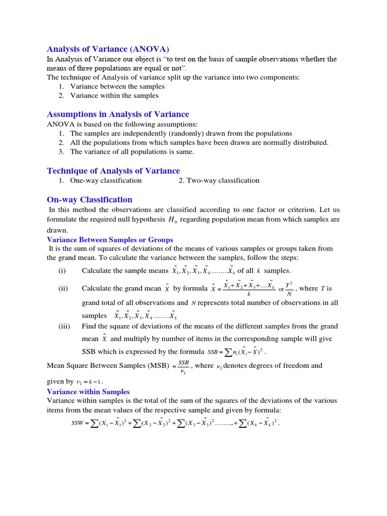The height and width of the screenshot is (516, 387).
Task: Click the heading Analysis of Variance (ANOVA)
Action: pos(108,49)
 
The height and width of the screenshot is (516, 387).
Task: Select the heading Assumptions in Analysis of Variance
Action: pos(118,114)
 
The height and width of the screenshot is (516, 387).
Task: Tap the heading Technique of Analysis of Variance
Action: pos(113,171)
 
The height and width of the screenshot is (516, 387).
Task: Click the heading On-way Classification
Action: pos(90,200)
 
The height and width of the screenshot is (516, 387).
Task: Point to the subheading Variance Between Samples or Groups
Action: pos(110,240)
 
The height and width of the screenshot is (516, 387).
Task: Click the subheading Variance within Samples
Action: pos(88,392)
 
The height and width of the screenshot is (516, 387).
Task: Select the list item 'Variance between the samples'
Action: pos(117,86)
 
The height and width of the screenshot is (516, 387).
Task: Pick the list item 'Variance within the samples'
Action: pos(114,95)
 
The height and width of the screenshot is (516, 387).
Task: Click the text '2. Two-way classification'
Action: pos(219,180)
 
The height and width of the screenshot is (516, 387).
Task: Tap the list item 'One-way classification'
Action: pos(106,180)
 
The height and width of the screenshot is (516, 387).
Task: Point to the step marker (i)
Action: pos(62,271)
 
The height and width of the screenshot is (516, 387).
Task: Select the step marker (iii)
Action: pos(64,326)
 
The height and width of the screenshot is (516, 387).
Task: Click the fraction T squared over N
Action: pos(289,289)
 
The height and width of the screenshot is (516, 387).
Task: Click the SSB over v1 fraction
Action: pos(183,366)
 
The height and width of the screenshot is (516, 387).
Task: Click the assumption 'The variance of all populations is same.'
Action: pos(132,152)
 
